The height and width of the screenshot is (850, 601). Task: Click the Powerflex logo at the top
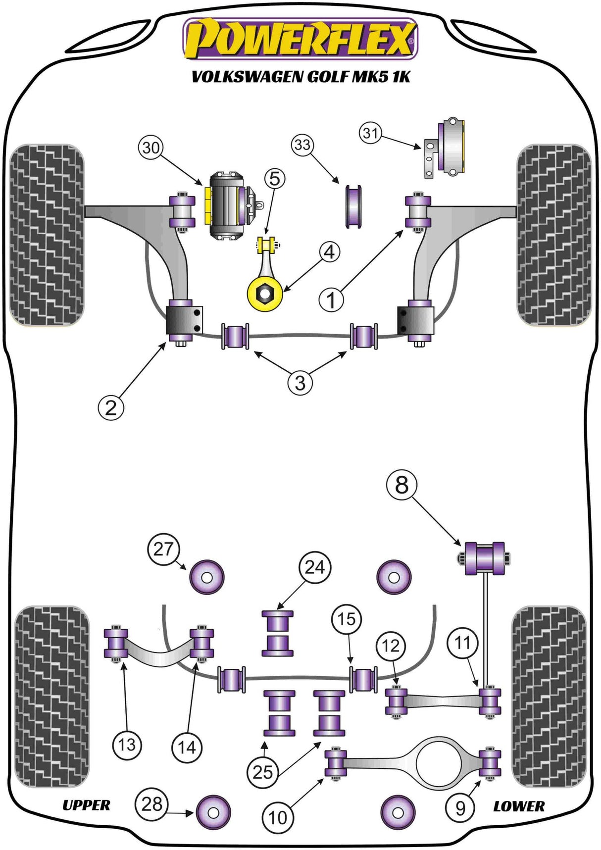pyautogui.click(x=300, y=39)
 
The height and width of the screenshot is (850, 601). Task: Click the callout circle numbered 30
pyautogui.click(x=151, y=148)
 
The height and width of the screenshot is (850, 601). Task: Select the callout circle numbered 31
pyautogui.click(x=371, y=133)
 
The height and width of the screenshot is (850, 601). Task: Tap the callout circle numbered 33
pyautogui.click(x=302, y=145)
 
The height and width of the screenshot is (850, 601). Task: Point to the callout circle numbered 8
pyautogui.click(x=401, y=485)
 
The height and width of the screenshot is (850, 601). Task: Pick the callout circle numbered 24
pyautogui.click(x=315, y=567)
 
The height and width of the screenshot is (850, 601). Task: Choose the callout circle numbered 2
pyautogui.click(x=111, y=407)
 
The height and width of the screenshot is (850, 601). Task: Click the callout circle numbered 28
pyautogui.click(x=151, y=804)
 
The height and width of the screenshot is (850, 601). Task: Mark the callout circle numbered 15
pyautogui.click(x=347, y=619)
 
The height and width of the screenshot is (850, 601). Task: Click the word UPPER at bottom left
pyautogui.click(x=86, y=805)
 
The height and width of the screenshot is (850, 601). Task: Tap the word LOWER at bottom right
pyautogui.click(x=518, y=806)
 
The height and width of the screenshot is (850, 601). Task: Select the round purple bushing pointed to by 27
pyautogui.click(x=207, y=577)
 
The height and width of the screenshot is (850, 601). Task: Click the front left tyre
pyautogui.click(x=47, y=235)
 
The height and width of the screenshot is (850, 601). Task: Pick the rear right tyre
pyautogui.click(x=549, y=697)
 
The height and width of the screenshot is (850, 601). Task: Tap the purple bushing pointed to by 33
pyautogui.click(x=353, y=206)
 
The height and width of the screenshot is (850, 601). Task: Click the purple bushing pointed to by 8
pyautogui.click(x=485, y=558)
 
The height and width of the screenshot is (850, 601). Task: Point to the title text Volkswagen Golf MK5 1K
pyautogui.click(x=300, y=77)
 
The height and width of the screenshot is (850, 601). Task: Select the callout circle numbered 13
pyautogui.click(x=127, y=745)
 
